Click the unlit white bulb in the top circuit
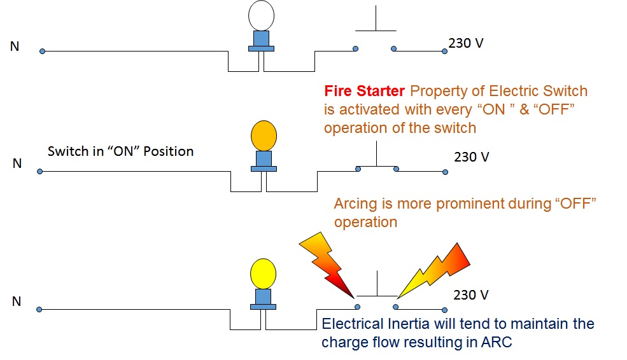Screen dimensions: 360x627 click(261, 15)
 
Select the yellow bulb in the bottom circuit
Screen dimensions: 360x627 click(264, 273)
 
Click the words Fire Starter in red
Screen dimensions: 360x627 click(364, 92)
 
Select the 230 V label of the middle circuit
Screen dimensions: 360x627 click(472, 156)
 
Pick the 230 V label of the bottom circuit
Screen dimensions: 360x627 click(471, 295)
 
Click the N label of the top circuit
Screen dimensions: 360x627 click(15, 46)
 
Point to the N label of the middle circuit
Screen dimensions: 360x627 click(17, 164)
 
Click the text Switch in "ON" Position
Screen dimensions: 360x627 click(121, 151)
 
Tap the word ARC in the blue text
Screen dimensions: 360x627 click(495, 342)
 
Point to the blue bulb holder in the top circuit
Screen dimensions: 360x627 click(261, 40)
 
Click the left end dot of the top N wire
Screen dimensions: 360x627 click(42, 51)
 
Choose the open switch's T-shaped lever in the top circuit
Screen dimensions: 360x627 click(376, 25)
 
